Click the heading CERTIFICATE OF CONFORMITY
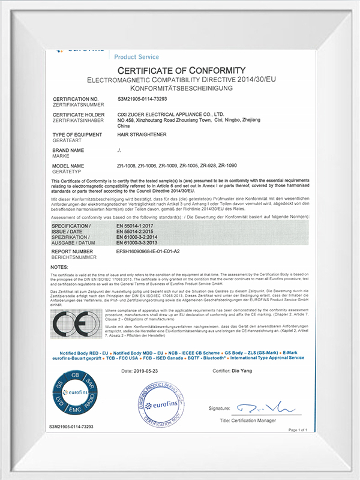181,71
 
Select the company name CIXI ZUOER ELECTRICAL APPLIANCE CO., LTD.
170,113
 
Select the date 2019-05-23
148,371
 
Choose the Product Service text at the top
136,57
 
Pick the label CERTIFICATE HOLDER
75,113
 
